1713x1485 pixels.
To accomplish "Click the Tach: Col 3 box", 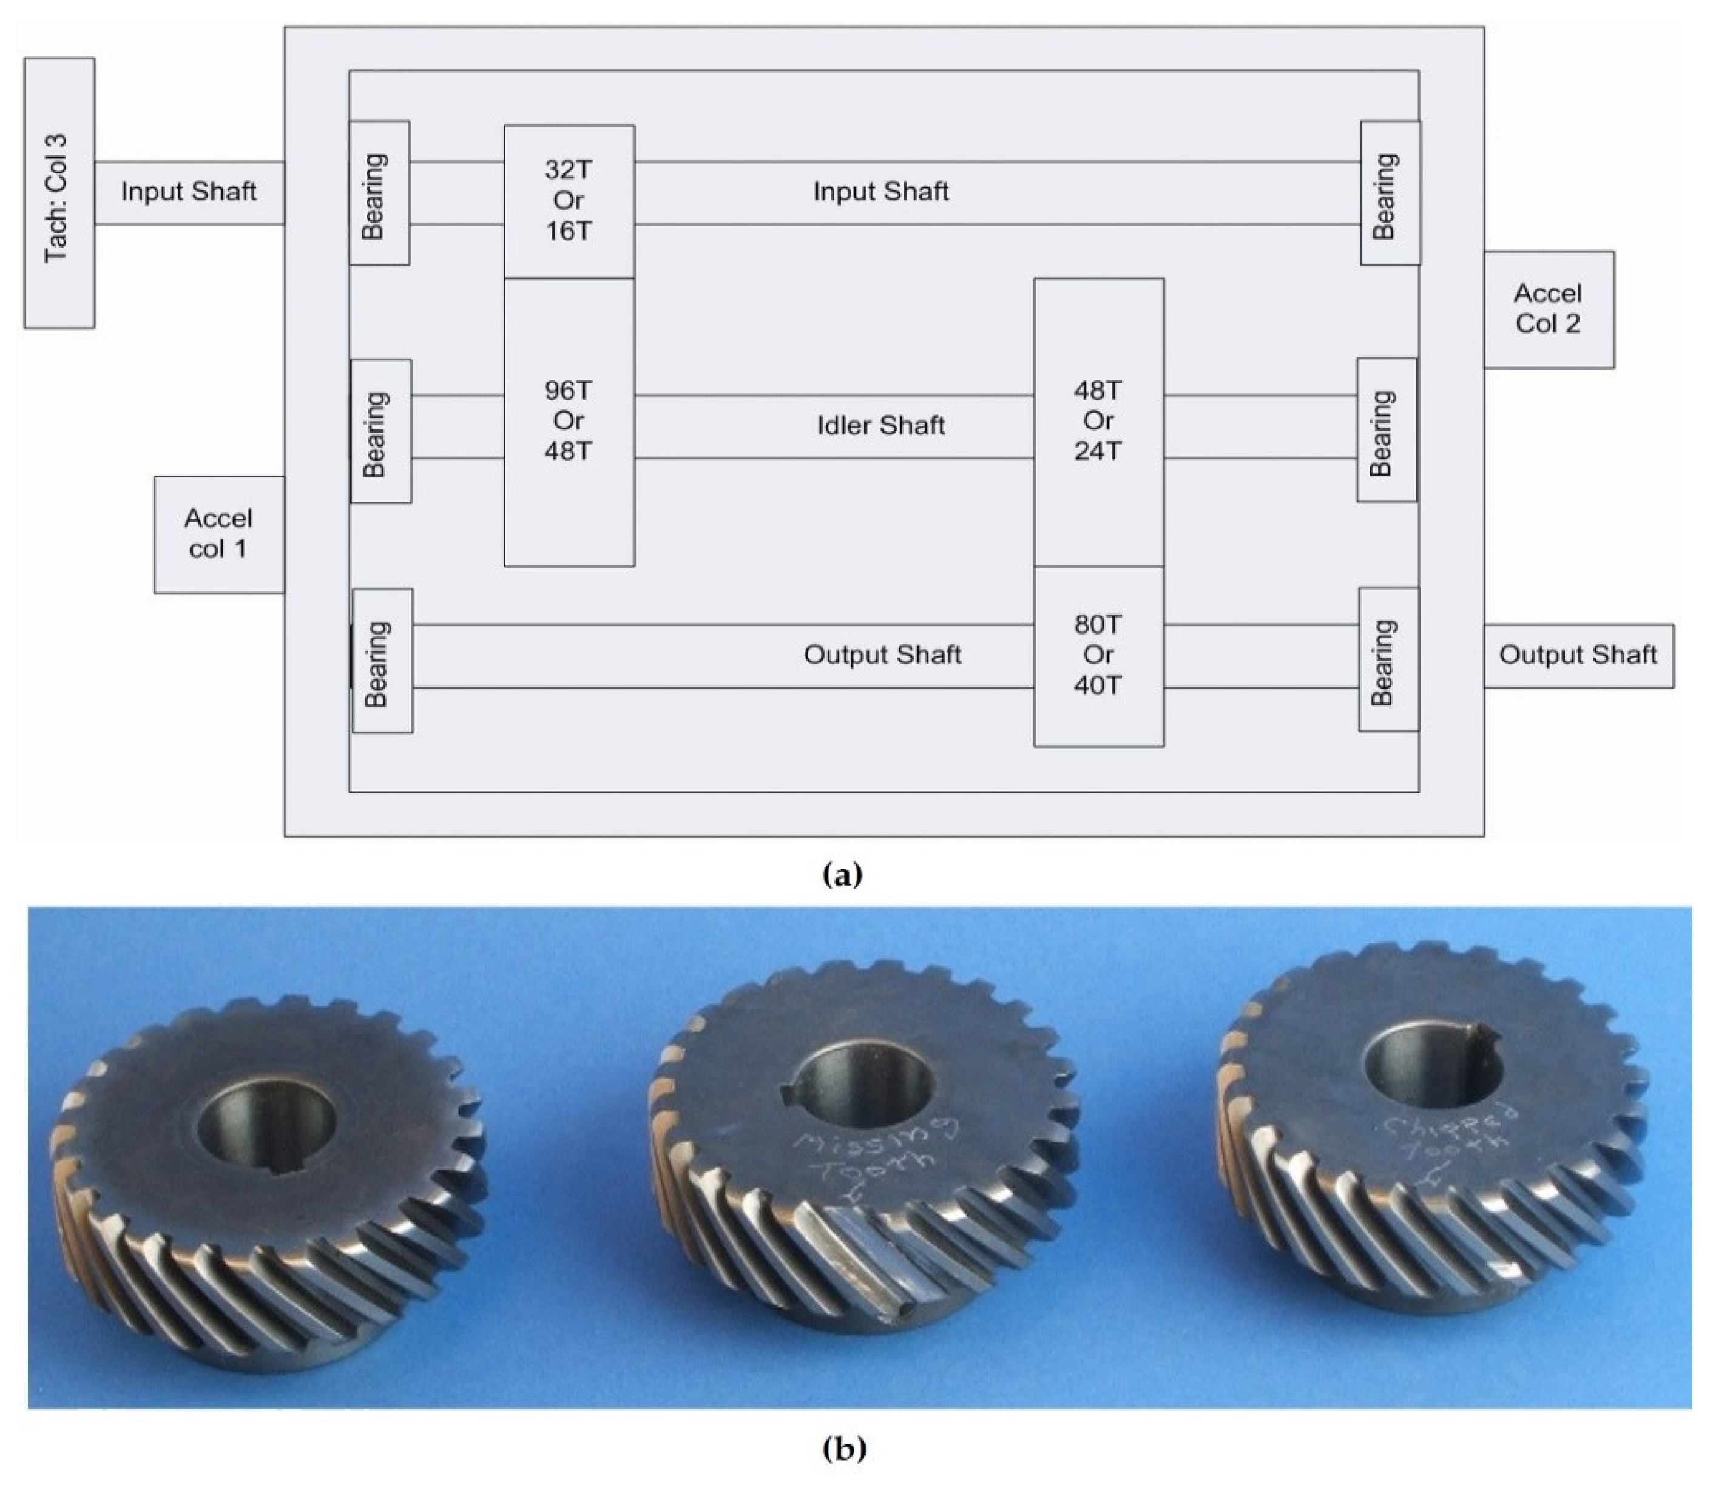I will pos(59,193).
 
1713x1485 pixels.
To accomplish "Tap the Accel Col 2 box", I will pos(1548,309).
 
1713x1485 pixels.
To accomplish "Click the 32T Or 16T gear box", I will pos(569,201).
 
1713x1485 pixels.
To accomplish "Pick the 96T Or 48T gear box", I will pos(569,421).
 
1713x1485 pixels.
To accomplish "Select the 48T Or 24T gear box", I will pos(1098,421).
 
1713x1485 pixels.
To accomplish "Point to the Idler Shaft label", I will pos(880,426).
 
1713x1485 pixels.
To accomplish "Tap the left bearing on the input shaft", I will pos(379,193).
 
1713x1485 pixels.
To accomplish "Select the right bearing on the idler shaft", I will pos(1387,430).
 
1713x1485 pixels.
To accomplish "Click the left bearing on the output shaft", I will pos(382,661).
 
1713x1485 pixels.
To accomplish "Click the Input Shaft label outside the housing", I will pos(189,192).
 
